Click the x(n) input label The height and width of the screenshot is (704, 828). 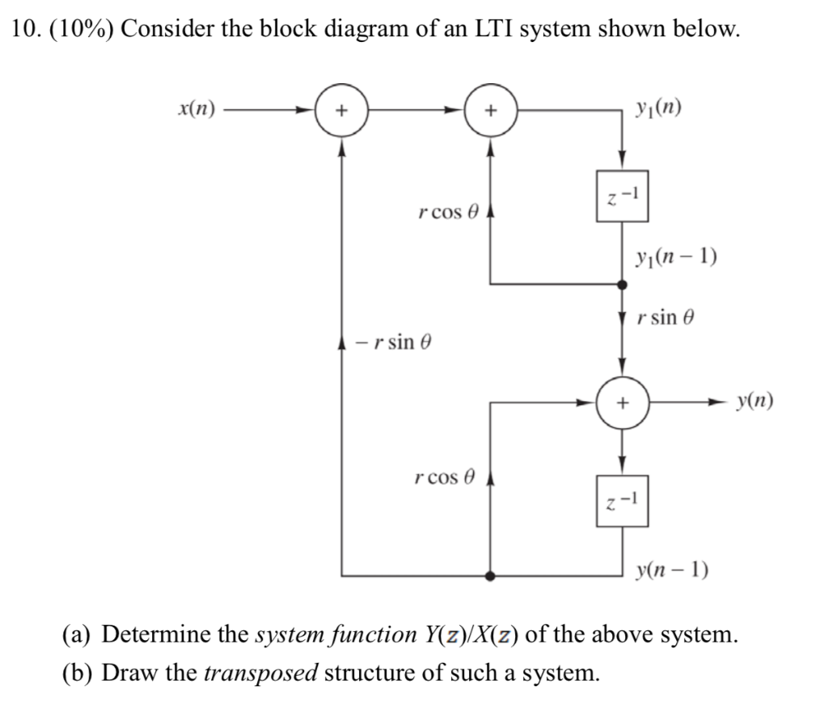[196, 108]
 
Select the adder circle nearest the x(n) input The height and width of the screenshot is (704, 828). [342, 109]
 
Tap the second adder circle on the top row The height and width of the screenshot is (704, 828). [491, 109]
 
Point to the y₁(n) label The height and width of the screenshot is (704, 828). [659, 107]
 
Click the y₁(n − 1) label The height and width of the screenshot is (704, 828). [676, 259]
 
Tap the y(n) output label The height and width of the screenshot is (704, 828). [756, 401]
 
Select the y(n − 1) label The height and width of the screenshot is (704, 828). [672, 571]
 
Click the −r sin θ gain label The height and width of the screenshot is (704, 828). [395, 342]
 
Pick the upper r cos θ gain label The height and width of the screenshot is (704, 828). [449, 213]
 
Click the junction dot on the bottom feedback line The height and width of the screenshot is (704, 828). [490, 575]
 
